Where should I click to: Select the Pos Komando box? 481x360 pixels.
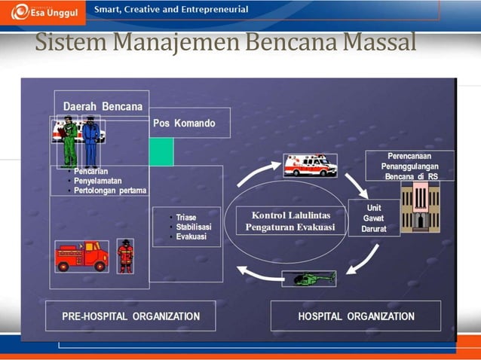click(184, 124)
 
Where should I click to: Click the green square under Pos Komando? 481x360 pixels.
click(161, 151)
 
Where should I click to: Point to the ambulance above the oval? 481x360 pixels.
click(309, 165)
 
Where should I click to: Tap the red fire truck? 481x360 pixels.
click(81, 256)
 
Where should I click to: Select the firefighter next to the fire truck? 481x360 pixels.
click(125, 256)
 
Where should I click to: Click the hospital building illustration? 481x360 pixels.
click(420, 206)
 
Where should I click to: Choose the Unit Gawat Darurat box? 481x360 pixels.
click(373, 218)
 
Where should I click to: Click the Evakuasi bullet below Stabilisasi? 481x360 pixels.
click(191, 236)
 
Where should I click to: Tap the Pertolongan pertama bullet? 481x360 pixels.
click(110, 190)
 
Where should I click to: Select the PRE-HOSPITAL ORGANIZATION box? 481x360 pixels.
click(130, 316)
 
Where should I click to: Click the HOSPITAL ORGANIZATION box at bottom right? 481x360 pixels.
click(356, 316)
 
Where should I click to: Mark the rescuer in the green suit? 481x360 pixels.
click(70, 143)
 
